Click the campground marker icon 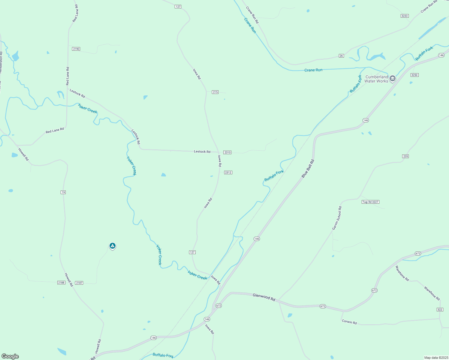pos(113,246)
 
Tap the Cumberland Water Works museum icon pos(392,79)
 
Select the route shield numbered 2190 pos(76,49)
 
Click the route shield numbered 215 pos(215,92)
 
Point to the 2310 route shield pos(228,152)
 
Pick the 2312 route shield pos(228,172)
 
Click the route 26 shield pos(341,56)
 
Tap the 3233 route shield pos(405,16)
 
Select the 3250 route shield pos(414,75)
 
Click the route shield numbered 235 pos(405,156)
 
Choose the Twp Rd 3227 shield pos(370,202)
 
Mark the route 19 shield pos(63,192)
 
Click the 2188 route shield pos(61,283)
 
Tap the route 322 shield pos(440,310)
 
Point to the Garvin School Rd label pos(337,218)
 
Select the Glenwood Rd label pos(264,297)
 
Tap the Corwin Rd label pos(349,322)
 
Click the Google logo pos(10,356)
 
